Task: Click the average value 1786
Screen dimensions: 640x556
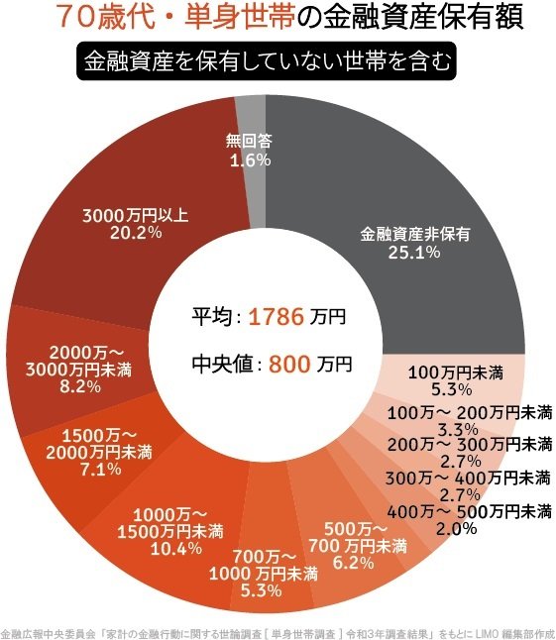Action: [x=275, y=318]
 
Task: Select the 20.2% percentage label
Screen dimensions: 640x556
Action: [x=134, y=233]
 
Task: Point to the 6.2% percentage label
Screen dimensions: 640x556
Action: [x=353, y=564]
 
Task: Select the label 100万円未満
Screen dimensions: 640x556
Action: [x=456, y=373]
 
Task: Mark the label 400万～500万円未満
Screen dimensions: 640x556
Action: [x=470, y=511]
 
